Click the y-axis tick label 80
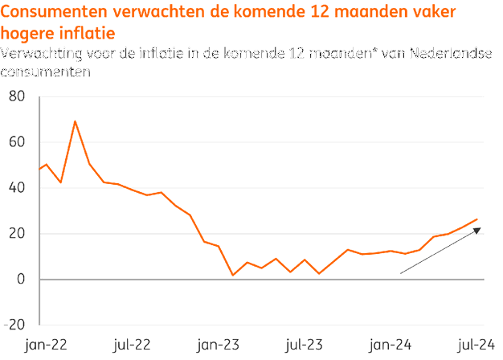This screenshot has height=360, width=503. (x=18, y=97)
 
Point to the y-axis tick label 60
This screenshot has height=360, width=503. (x=18, y=142)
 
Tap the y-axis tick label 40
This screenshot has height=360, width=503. (x=18, y=188)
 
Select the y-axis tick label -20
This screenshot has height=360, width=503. (x=15, y=325)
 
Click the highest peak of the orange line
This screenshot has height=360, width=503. (x=75, y=121)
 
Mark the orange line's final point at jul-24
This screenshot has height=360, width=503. (x=478, y=219)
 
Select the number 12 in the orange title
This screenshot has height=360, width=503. (x=340, y=13)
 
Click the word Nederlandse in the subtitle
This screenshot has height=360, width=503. (x=455, y=54)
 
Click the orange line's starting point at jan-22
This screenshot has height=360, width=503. (x=39, y=170)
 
